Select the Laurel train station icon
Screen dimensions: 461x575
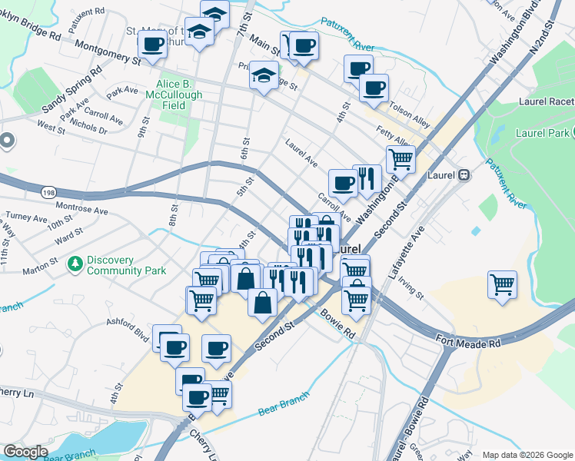pyautogui.click(x=464, y=174)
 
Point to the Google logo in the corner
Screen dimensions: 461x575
pyautogui.click(x=25, y=452)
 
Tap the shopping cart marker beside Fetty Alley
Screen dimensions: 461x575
pyautogui.click(x=401, y=159)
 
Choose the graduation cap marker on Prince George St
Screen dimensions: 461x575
pyautogui.click(x=264, y=76)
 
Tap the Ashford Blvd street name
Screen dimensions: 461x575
pyautogui.click(x=127, y=330)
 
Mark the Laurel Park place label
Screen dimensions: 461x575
pyautogui.click(x=543, y=132)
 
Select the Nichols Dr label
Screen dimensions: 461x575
pyautogui.click(x=86, y=125)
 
